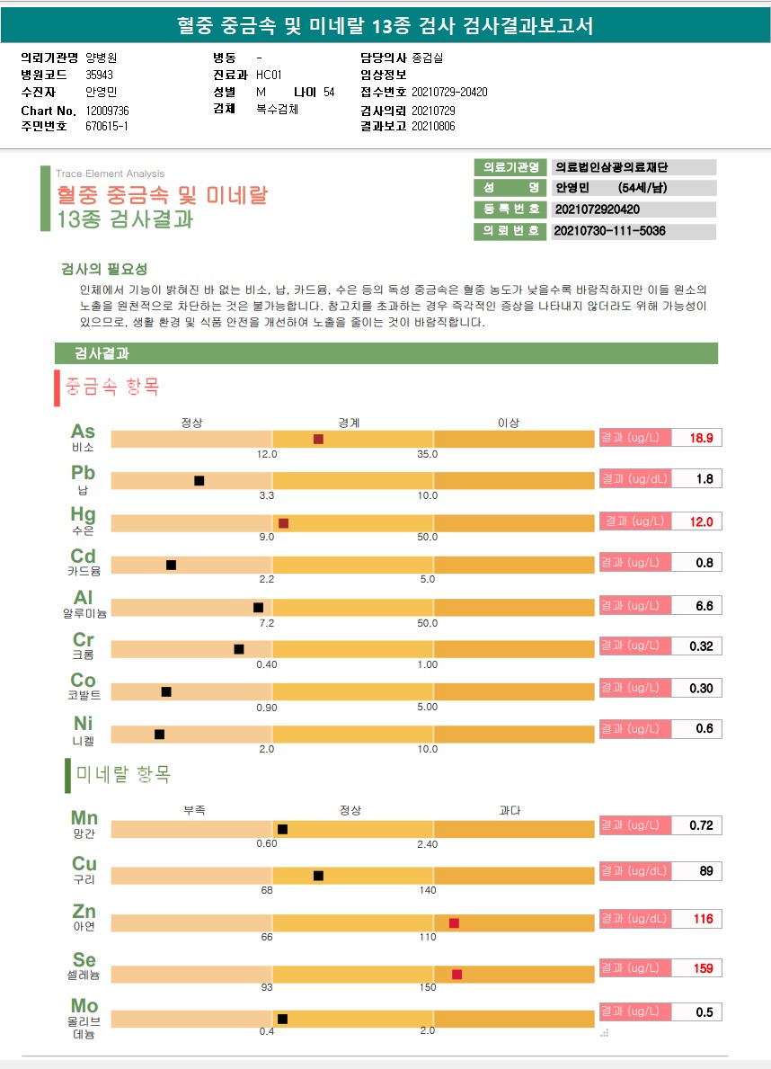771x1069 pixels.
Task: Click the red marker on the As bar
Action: click(x=318, y=439)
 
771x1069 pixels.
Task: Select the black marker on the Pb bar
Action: click(x=199, y=481)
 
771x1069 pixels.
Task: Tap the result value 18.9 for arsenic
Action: click(x=701, y=439)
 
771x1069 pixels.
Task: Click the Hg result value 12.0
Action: click(x=701, y=521)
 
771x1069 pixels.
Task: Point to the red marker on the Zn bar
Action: click(x=454, y=923)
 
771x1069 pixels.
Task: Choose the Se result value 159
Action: click(x=703, y=968)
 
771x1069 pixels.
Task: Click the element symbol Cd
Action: click(x=84, y=557)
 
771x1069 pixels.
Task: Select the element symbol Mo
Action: click(x=84, y=1005)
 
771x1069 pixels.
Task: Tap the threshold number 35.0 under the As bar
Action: click(x=428, y=454)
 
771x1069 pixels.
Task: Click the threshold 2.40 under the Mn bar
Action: click(x=428, y=844)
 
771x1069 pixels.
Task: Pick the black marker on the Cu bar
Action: click(x=318, y=876)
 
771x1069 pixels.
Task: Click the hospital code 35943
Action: click(x=99, y=75)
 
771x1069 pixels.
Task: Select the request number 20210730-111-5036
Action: click(x=610, y=231)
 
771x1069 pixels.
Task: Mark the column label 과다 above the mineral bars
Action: click(x=510, y=810)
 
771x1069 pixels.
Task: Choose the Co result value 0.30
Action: click(x=701, y=688)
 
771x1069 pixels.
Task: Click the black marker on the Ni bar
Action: click(x=160, y=735)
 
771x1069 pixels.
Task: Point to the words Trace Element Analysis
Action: click(x=110, y=174)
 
